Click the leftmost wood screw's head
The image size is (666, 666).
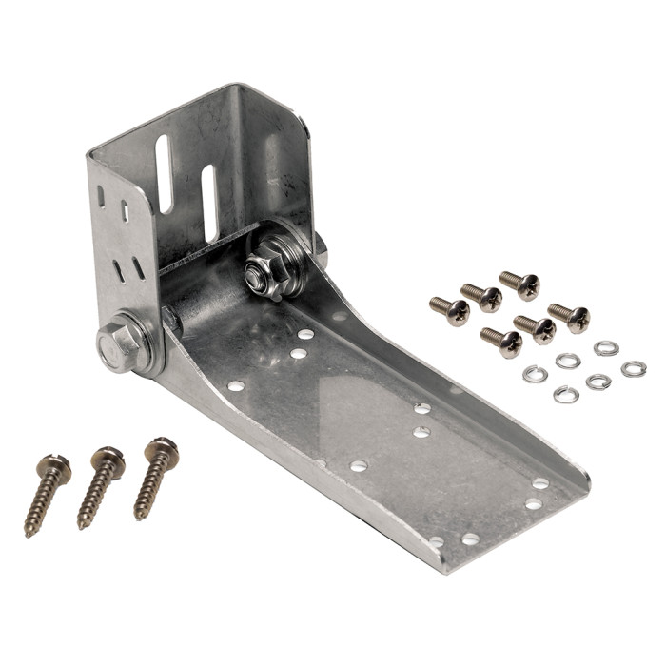[55, 467]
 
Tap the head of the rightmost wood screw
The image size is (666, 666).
[162, 447]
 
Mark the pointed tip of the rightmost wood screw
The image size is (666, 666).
[137, 518]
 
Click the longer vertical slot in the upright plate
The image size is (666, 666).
[164, 172]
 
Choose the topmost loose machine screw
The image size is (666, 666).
[520, 284]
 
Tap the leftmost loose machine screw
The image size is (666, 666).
[450, 310]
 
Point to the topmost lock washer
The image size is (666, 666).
[606, 348]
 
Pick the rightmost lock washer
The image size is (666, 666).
[633, 368]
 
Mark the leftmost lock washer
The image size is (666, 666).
[536, 374]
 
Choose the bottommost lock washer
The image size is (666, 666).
[566, 394]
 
